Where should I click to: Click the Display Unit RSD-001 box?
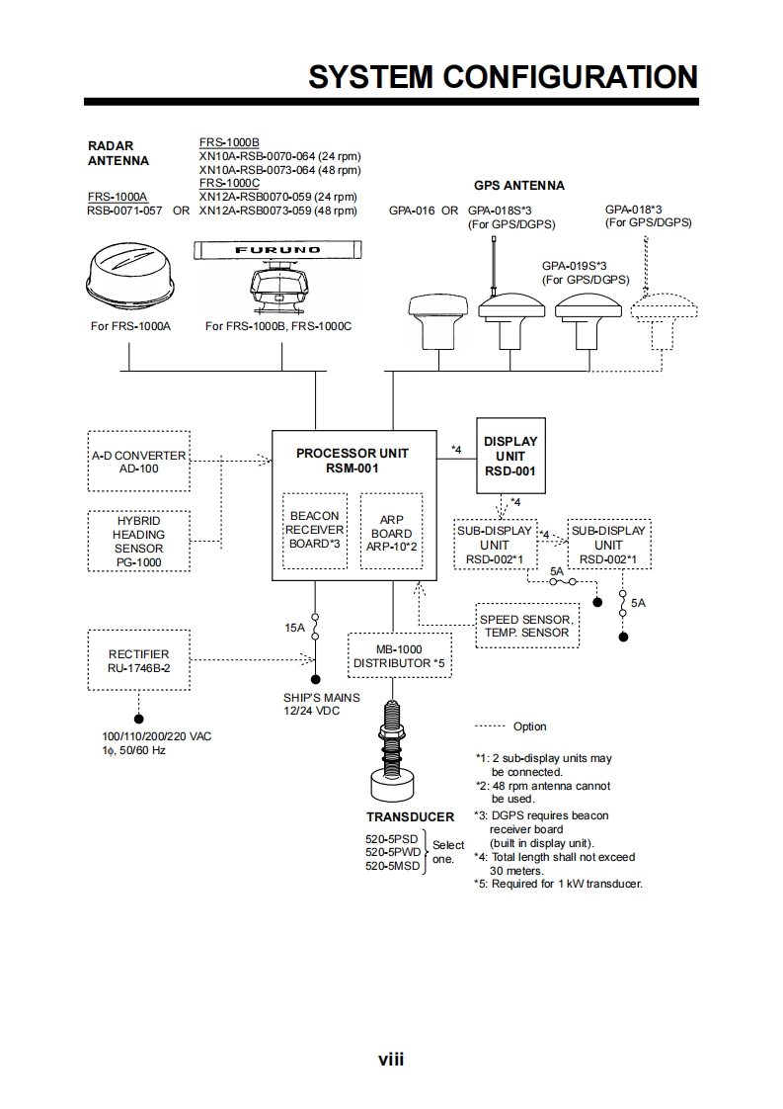point(510,456)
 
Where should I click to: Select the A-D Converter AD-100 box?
point(138,461)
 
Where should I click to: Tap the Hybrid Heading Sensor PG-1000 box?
point(138,541)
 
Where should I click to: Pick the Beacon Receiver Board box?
point(315,530)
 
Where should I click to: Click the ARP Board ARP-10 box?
point(391,531)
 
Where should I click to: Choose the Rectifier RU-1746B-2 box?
point(138,660)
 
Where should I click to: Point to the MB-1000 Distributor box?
point(399,655)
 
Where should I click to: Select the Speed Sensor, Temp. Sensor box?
point(524,626)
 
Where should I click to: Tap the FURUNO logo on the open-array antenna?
point(277,250)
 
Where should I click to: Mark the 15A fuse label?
point(294,627)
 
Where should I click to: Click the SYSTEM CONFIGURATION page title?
point(503,76)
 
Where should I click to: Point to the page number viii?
point(391,1060)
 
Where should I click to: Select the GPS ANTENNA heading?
point(518,185)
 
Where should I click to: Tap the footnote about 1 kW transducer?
point(558,884)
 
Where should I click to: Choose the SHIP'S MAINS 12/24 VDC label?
point(321,704)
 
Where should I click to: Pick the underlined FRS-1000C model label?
point(229,183)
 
